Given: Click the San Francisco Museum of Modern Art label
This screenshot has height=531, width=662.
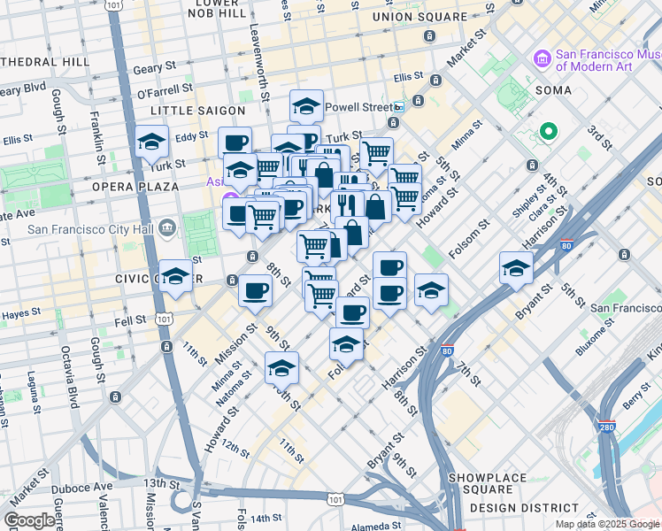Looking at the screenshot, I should click(607, 59).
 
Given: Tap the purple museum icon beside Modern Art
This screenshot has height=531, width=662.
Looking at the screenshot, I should click(542, 59).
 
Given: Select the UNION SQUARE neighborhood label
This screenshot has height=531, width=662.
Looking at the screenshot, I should click(419, 17).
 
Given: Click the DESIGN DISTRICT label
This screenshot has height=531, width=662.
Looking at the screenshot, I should click(525, 508).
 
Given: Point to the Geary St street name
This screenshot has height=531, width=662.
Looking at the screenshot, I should click(150, 69).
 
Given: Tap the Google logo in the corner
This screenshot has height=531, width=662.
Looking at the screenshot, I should click(30, 520).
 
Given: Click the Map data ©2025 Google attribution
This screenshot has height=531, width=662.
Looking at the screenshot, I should click(607, 524).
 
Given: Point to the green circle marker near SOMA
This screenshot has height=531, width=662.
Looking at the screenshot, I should click(548, 133).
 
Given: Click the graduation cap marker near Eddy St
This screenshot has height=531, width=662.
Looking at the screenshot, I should click(152, 142).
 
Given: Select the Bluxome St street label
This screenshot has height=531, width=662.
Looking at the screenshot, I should click(597, 339).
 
